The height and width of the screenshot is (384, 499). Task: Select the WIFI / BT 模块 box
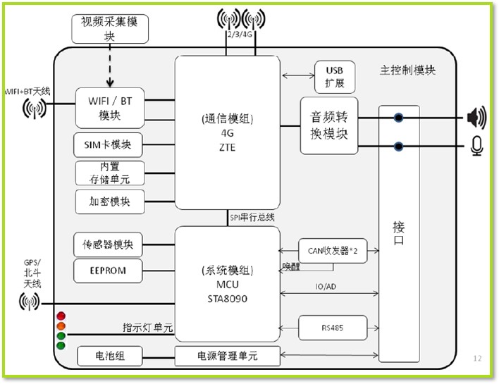pos(109,107)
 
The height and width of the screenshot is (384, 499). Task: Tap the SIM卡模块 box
pos(109,145)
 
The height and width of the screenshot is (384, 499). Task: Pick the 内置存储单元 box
pos(109,173)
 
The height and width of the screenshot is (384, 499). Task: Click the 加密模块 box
pos(109,202)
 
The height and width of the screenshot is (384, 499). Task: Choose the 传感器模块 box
pos(109,244)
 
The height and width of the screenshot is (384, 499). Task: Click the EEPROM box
pos(109,270)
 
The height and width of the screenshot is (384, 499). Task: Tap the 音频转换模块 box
pos(328,125)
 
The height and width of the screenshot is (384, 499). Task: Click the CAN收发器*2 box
pos(333,250)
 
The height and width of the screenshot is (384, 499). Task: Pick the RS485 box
pos(333,328)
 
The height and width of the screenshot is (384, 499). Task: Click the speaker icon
pos(476,117)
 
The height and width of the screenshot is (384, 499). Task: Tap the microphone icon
pos(477,146)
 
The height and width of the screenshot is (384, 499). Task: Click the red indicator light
pos(61,314)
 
